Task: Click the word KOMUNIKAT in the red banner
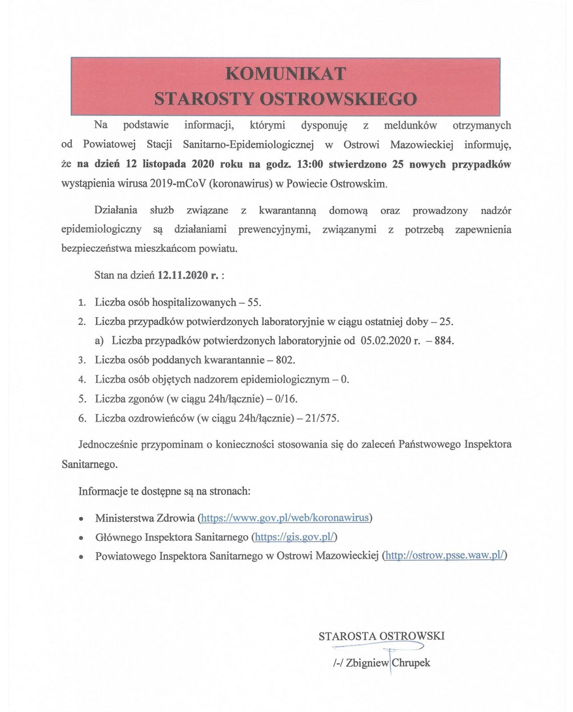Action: point(285,73)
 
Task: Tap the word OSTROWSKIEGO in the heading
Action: point(338,99)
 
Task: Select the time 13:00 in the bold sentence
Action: point(309,164)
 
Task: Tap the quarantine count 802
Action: point(285,360)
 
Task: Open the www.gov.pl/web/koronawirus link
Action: point(285,518)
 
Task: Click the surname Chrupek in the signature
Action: point(411,663)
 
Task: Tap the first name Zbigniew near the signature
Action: point(367,663)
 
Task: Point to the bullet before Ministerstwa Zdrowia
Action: point(81,519)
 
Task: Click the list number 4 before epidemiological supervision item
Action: point(82,380)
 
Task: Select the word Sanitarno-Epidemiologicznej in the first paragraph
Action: point(248,145)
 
